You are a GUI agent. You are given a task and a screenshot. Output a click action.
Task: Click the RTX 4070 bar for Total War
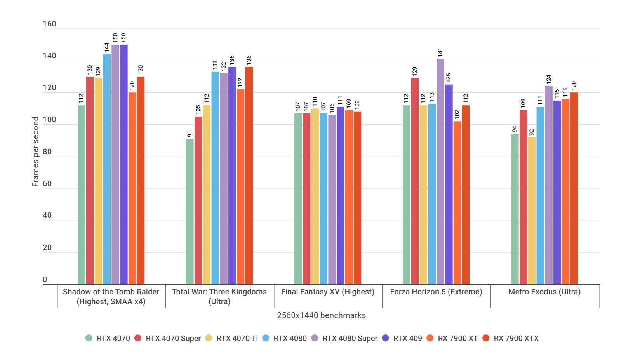click(x=190, y=212)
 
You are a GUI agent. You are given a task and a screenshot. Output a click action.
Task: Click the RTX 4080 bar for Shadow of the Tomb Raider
click(x=107, y=169)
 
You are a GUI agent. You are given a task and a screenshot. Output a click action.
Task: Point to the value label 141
click(x=440, y=52)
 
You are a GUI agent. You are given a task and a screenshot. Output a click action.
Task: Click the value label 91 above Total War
click(x=190, y=134)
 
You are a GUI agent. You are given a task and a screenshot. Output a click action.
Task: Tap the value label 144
click(x=107, y=47)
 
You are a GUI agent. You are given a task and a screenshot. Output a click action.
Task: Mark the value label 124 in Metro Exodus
click(x=548, y=80)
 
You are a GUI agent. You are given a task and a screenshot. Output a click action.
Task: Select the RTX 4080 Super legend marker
click(x=315, y=338)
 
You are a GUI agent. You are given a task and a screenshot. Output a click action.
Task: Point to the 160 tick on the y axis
click(x=49, y=24)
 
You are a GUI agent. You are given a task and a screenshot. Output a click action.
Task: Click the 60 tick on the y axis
click(x=47, y=184)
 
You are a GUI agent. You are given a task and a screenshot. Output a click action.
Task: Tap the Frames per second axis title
click(x=35, y=151)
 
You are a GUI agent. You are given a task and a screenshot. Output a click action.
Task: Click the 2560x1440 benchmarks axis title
click(x=321, y=315)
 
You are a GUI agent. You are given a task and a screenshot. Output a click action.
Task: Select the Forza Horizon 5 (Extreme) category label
click(x=436, y=292)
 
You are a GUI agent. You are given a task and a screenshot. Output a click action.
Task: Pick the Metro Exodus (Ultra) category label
click(x=544, y=292)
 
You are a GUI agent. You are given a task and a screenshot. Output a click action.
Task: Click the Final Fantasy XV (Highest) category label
click(x=327, y=292)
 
